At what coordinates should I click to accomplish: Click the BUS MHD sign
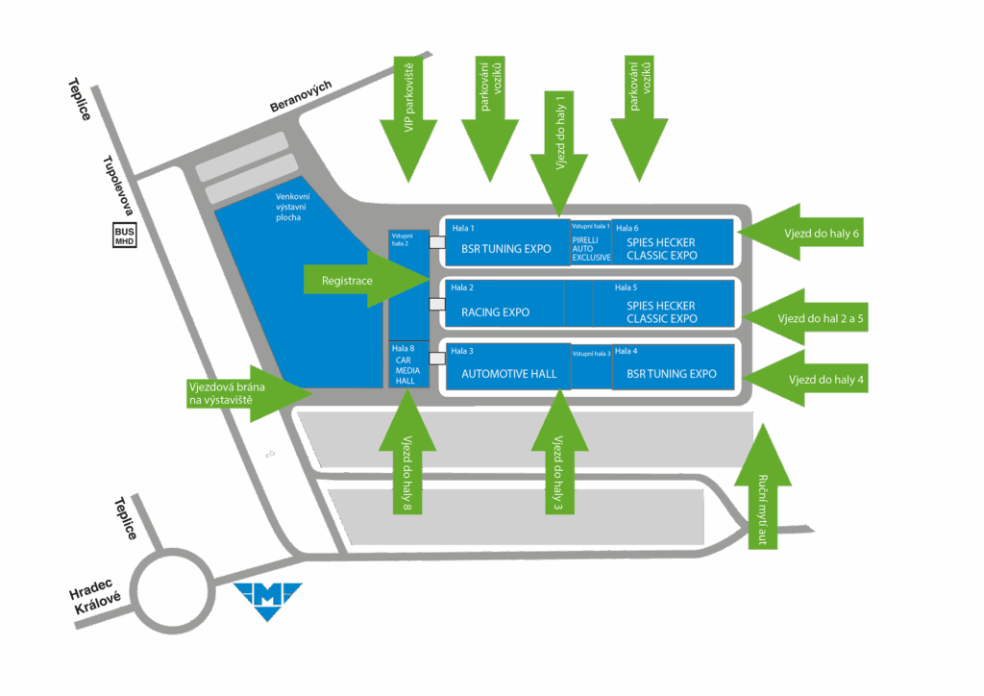(124, 236)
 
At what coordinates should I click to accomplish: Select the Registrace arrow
(366, 280)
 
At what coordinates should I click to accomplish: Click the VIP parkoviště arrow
(408, 119)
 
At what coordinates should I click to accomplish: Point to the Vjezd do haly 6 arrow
(800, 233)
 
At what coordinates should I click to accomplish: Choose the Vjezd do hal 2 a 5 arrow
(805, 317)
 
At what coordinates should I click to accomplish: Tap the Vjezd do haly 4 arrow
(805, 379)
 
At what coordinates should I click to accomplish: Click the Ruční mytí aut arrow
(762, 486)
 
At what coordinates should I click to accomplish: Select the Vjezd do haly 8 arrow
(407, 452)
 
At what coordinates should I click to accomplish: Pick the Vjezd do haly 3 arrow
(560, 452)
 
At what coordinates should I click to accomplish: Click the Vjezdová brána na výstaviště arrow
(250, 393)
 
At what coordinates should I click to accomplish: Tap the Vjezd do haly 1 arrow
(559, 155)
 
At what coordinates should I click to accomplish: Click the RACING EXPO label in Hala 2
(495, 311)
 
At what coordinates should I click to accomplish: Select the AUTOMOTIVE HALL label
(509, 373)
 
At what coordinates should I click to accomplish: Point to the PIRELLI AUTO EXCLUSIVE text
(591, 249)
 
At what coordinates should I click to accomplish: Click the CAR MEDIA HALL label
(406, 370)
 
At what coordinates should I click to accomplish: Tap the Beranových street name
(301, 96)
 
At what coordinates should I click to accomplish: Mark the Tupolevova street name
(118, 186)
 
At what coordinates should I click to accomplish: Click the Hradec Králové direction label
(95, 597)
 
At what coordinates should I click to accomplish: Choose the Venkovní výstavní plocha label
(292, 207)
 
